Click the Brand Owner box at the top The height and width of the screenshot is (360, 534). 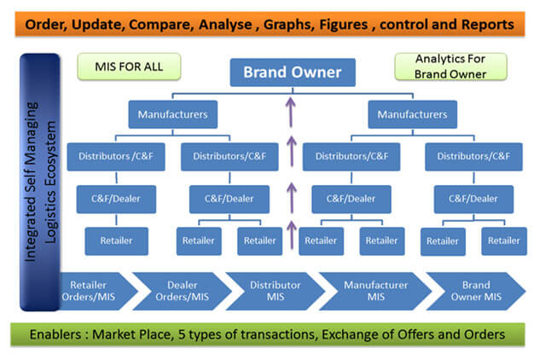tap(293, 73)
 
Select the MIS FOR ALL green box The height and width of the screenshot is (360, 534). tap(129, 67)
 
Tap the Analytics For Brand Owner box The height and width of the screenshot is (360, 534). tap(450, 67)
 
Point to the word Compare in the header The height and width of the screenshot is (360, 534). tap(161, 25)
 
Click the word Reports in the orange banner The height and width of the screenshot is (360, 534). tap(488, 25)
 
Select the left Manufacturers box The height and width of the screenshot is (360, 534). tap(172, 114)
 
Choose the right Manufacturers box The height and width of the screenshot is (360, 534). tap(412, 114)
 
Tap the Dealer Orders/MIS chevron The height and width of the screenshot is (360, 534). tap(183, 291)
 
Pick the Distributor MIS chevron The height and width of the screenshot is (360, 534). tap(276, 291)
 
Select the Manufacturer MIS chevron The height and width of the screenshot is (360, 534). tap(375, 291)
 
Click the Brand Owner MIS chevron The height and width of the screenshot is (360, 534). tap(476, 291)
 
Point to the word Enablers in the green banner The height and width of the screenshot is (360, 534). tap(55, 334)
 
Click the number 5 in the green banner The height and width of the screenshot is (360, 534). tap(182, 334)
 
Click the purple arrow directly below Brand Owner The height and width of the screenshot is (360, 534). tap(291, 112)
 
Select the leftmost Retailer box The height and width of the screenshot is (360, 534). tap(117, 241)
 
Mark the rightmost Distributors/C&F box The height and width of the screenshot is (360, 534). tap(473, 157)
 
